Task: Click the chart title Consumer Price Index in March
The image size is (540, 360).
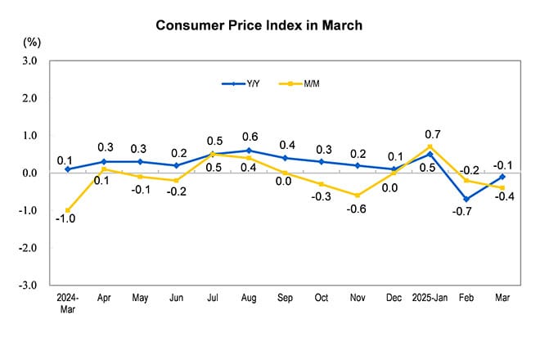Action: point(259,25)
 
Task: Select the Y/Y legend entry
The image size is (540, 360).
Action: point(242,83)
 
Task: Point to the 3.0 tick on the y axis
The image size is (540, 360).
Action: point(29,61)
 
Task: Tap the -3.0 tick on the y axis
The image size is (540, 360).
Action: point(29,286)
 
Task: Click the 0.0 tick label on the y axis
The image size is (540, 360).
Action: point(29,173)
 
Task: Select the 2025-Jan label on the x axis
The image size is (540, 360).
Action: point(429,298)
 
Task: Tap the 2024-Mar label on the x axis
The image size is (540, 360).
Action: point(67,302)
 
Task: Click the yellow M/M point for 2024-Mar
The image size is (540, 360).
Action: point(67,210)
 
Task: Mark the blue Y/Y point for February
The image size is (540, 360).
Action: point(466,199)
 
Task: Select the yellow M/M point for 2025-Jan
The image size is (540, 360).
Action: point(430,146)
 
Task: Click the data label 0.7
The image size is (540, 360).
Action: point(432,133)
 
